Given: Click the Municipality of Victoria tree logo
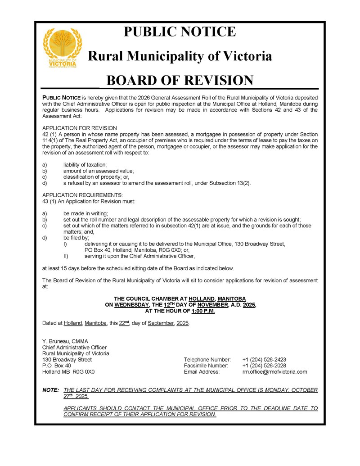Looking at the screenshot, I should click(62, 48).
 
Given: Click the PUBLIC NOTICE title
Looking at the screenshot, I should click(180, 32).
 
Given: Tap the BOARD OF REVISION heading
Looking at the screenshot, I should click(180, 80).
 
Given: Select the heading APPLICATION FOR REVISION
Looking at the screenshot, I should click(80, 128).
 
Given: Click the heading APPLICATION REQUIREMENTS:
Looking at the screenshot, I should click(82, 195).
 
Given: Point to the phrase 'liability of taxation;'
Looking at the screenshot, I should click(85, 165).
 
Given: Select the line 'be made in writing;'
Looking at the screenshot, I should click(85, 213).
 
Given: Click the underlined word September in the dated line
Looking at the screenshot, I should click(160, 324).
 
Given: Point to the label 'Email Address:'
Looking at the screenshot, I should click(202, 372).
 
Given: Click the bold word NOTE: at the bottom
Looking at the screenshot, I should click(50, 390).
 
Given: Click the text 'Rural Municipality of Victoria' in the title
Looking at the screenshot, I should click(180, 56).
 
